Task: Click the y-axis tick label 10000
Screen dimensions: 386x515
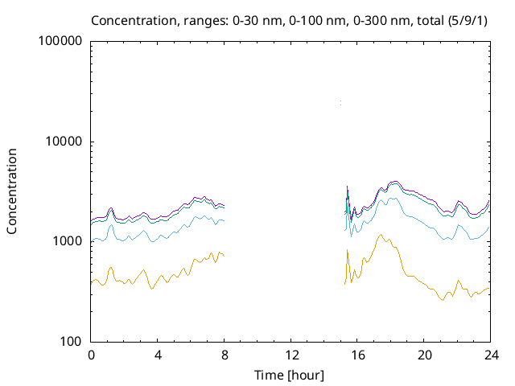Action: coord(65,142)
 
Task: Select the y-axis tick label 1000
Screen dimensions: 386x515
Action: coord(68,241)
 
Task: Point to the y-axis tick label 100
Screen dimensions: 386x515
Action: coord(72,341)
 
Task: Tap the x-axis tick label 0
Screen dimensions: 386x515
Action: coord(92,355)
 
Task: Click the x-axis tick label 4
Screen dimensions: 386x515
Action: coord(158,355)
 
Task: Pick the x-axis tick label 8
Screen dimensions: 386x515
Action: coord(225,355)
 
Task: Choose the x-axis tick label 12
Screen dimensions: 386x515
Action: coord(291,355)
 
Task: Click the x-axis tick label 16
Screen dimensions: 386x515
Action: coord(357,355)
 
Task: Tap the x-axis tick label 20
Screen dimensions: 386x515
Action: coord(424,355)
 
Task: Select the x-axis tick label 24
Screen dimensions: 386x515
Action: coord(490,355)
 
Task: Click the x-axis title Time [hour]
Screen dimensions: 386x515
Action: coord(290,374)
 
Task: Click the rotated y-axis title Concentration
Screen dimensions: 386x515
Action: coord(12,191)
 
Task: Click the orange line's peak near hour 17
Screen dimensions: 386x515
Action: coord(380,235)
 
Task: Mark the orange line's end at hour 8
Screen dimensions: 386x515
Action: coord(225,256)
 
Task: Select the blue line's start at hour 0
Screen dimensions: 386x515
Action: coord(92,241)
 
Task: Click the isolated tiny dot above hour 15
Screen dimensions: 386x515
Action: coord(341,103)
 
